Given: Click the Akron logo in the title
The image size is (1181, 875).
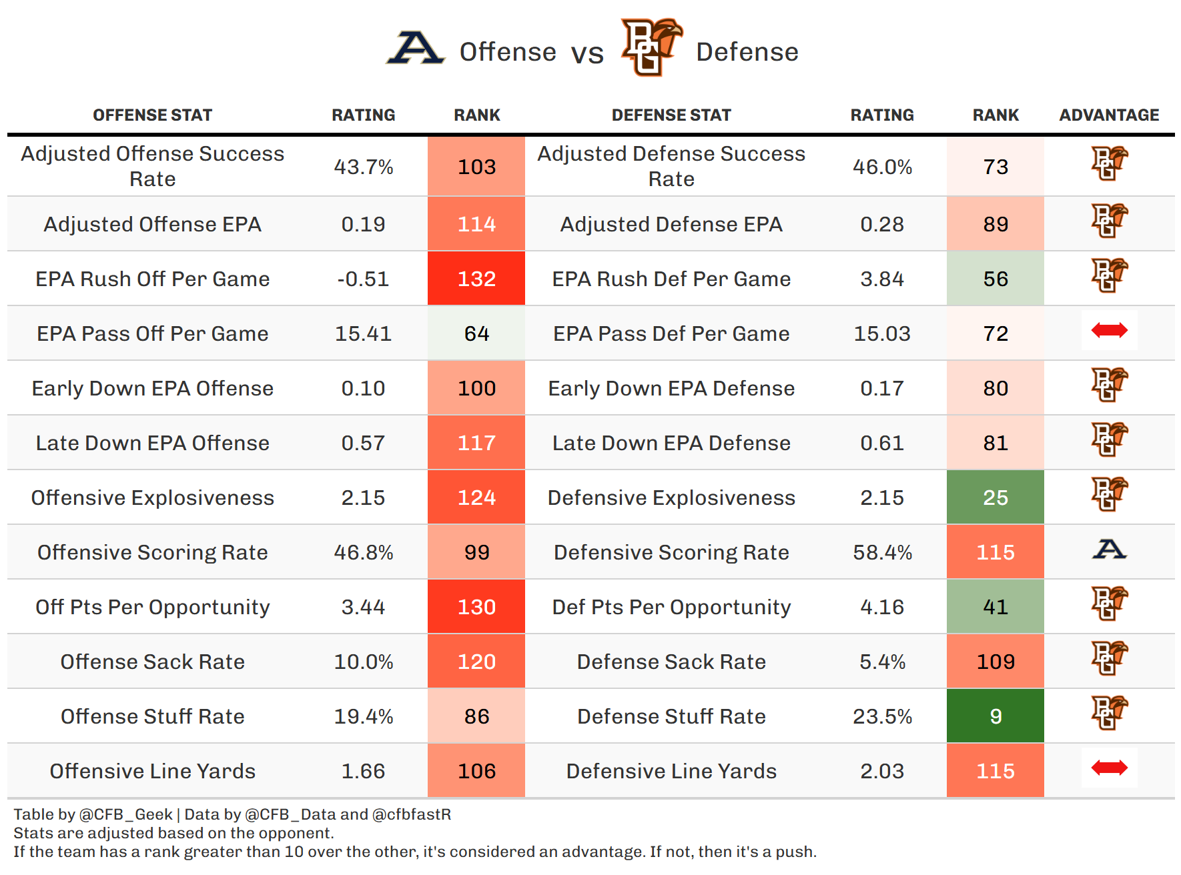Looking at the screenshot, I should pos(416,49).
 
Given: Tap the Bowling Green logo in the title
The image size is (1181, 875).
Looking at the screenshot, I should pos(651,47).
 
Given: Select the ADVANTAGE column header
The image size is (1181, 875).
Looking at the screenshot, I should pos(1109,115).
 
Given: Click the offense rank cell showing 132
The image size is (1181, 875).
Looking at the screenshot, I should pos(476,279).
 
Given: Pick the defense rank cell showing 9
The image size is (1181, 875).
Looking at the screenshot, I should pos(996,716).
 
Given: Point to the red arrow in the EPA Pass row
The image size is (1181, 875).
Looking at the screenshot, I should pos(1109,330).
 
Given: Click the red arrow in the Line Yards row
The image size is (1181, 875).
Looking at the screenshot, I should pos(1109,768).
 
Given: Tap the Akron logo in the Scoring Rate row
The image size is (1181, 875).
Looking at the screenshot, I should pos(1109,550).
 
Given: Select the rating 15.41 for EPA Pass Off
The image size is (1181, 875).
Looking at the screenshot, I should pos(363,333).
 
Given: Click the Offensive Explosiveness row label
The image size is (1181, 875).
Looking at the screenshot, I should pos(153,498).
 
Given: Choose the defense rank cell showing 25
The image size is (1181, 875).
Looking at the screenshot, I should pos(996,498).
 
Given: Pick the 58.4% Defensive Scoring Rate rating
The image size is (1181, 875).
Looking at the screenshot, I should pos(882,552).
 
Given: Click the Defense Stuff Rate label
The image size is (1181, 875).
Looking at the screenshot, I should pos(671,716).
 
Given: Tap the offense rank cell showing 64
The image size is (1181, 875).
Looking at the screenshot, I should pos(476,333).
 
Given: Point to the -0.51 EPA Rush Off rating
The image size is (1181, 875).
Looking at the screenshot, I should pos(363,279).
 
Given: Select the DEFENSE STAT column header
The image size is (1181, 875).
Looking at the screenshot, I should pos(671,115).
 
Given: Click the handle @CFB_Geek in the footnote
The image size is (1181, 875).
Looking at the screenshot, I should pos(125,814).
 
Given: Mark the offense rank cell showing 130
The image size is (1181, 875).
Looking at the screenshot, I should pos(476,607).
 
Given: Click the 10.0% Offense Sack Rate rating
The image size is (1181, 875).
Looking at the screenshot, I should pos(363,662).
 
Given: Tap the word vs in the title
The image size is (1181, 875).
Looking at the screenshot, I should pos(587,53).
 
